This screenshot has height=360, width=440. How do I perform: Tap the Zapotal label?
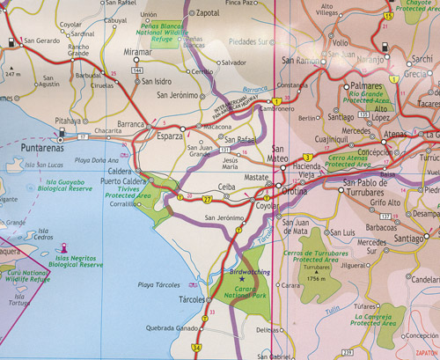(205, 14)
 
